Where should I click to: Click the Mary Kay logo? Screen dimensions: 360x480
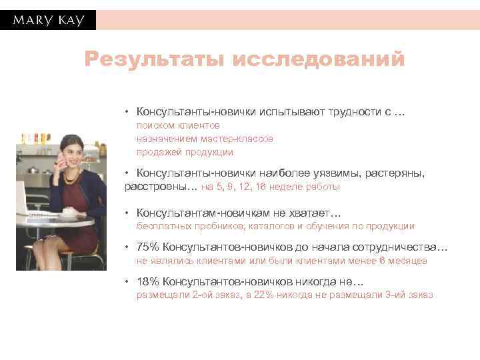(x=48, y=20)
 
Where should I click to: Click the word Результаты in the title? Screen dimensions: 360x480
(x=154, y=60)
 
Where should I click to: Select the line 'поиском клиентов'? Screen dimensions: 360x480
(x=178, y=125)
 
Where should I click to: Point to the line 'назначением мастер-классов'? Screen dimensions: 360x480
(x=205, y=139)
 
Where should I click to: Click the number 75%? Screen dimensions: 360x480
(x=147, y=247)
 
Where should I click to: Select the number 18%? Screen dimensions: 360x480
(x=147, y=281)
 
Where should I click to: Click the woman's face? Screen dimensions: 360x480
(x=67, y=150)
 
